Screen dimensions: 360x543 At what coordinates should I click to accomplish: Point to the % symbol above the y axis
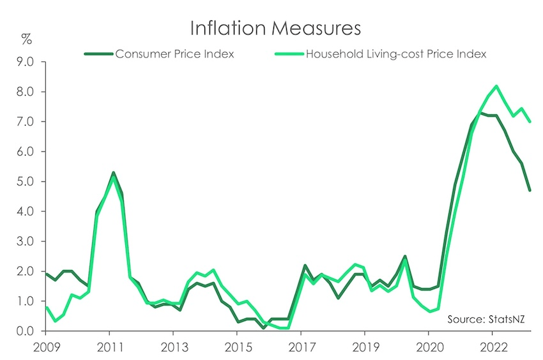pos(26,38)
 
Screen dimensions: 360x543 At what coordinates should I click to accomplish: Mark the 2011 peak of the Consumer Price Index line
pos(113,173)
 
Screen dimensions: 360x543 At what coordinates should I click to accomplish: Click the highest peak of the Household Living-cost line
pos(496,86)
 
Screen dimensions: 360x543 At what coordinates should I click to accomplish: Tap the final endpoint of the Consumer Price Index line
pos(530,190)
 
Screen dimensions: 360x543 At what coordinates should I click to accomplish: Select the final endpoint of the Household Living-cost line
pos(530,121)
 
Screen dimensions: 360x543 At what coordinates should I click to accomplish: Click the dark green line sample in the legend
pos(98,54)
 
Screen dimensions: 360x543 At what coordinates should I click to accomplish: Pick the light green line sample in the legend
pos(290,54)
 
